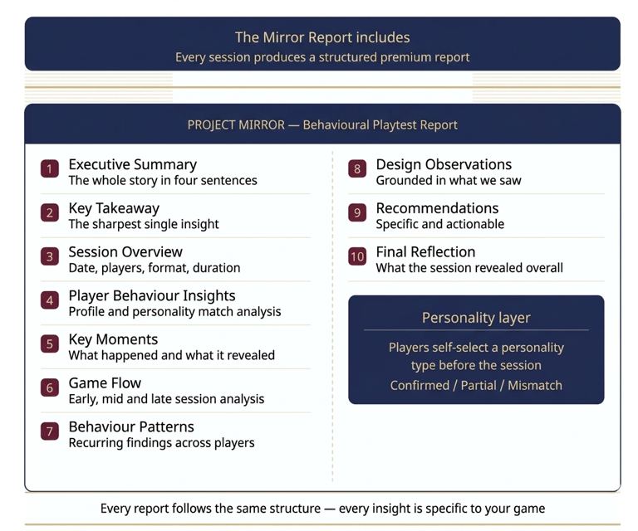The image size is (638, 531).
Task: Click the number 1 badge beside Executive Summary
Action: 50,168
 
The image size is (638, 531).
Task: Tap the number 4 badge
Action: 50,300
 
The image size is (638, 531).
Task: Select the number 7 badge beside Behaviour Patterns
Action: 50,431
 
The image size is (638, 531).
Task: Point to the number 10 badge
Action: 357,256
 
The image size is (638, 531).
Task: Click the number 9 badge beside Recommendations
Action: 357,212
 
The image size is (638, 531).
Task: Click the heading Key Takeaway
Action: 114,208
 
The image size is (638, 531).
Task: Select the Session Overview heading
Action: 125,252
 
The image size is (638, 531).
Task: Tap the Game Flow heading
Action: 105,383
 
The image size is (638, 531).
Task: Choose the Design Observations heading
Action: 444,164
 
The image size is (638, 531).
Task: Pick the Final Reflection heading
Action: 425,252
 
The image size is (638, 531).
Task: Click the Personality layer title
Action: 476,318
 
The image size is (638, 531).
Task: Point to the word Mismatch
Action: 535,385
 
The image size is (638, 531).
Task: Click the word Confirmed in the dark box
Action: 420,385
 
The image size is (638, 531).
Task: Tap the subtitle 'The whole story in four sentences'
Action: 163,180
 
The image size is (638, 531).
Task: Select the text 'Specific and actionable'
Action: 439,224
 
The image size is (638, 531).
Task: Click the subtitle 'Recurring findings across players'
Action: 161,443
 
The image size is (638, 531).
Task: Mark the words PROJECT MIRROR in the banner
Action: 236,124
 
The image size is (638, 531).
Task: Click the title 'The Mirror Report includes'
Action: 322,37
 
